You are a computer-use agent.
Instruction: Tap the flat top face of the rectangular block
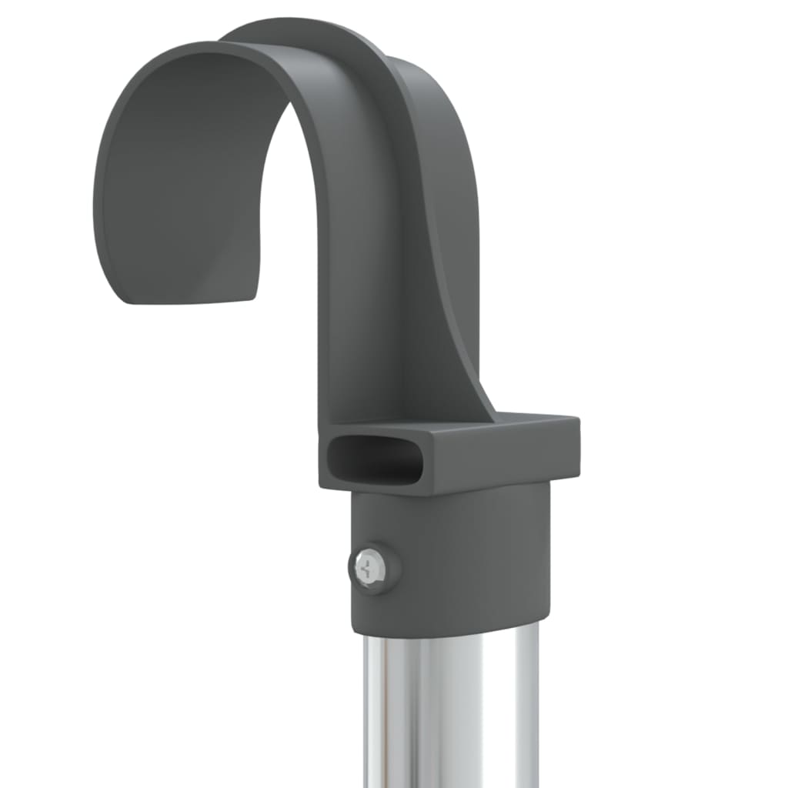462,427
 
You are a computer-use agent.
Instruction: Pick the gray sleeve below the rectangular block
462,554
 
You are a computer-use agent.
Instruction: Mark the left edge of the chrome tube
366,708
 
